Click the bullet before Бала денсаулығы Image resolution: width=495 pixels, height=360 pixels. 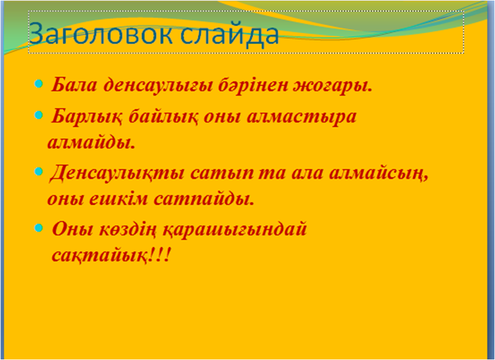38,84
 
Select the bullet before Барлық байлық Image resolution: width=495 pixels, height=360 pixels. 38,115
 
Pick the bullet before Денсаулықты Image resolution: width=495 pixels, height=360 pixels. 38,172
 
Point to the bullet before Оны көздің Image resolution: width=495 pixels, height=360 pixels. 38,228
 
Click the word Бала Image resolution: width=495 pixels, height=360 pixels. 74,84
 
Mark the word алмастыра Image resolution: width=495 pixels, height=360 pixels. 301,117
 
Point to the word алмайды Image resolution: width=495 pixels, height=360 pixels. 92,143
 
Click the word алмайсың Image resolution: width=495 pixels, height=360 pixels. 379,173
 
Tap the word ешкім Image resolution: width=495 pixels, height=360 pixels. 119,199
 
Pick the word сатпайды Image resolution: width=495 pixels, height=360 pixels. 204,199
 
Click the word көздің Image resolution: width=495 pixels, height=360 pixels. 128,229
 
